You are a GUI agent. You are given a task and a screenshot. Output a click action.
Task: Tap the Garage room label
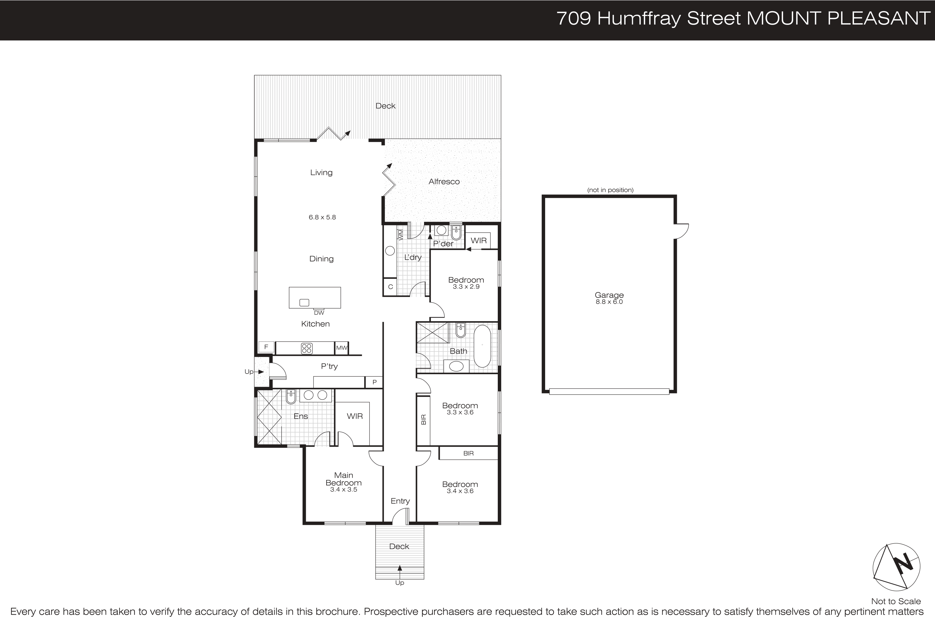pyautogui.click(x=609, y=295)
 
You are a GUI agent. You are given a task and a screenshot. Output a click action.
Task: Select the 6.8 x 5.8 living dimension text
pyautogui.click(x=322, y=217)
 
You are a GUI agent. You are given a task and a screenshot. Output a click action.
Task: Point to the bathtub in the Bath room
pyautogui.click(x=482, y=345)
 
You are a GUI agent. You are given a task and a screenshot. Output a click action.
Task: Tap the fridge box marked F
pyautogui.click(x=266, y=347)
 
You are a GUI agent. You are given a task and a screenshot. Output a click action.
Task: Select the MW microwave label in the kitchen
pyautogui.click(x=342, y=348)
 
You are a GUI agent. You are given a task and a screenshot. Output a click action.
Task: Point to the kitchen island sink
pyautogui.click(x=304, y=303)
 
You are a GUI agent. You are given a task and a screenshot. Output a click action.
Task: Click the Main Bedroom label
pyautogui.click(x=344, y=479)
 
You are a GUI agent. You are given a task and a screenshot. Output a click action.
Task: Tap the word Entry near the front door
pyautogui.click(x=400, y=501)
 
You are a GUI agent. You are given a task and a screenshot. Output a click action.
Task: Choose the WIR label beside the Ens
pyautogui.click(x=355, y=416)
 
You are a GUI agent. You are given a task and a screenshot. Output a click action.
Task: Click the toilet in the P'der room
pyautogui.click(x=456, y=233)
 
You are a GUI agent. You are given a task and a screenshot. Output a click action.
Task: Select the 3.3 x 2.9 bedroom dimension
pyautogui.click(x=466, y=287)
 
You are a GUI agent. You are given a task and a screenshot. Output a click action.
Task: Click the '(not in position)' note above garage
pyautogui.click(x=610, y=190)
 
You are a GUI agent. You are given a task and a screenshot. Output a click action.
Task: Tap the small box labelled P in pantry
pyautogui.click(x=374, y=382)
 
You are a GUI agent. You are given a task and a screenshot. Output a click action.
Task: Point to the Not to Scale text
pyautogui.click(x=896, y=601)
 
